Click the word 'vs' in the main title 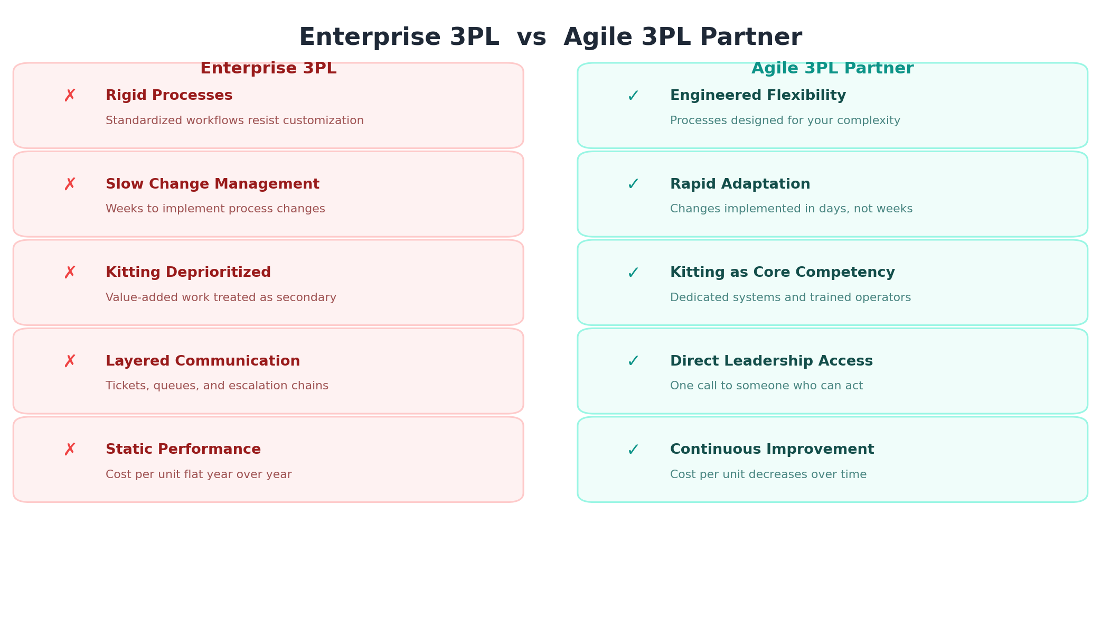(x=531, y=38)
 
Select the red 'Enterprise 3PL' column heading (x=268, y=69)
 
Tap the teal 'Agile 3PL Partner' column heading (x=832, y=69)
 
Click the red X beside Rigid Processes (x=70, y=96)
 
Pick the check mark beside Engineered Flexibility (x=633, y=96)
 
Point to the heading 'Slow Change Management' (x=212, y=184)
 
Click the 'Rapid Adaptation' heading (x=740, y=184)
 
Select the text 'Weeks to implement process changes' (x=215, y=209)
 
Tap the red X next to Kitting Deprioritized (x=70, y=273)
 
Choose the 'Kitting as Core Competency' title (x=782, y=273)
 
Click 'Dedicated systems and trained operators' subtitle (x=790, y=298)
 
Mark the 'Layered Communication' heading (x=203, y=361)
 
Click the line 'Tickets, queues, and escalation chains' (x=217, y=386)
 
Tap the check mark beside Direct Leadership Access (x=633, y=361)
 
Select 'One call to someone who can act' (x=766, y=386)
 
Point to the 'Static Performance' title (x=183, y=450)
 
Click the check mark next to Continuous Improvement (x=633, y=450)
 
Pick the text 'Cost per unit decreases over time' (x=768, y=475)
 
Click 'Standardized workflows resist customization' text (x=234, y=121)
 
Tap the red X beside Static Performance (x=70, y=450)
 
